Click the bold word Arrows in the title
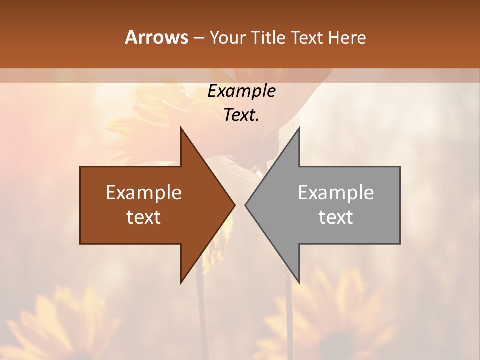coord(157,37)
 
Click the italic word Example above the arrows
coord(242,91)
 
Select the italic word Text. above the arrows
coord(242,115)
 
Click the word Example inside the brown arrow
coord(144,193)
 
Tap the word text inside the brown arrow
coord(144,217)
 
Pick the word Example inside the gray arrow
coord(336,193)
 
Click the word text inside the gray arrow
coord(336,217)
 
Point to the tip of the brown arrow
coord(235,205)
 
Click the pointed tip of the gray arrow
coord(245,205)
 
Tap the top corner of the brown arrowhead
coord(181,128)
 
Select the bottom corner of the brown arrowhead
coord(181,283)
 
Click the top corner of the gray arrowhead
coord(299,128)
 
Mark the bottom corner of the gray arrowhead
coord(299,283)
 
